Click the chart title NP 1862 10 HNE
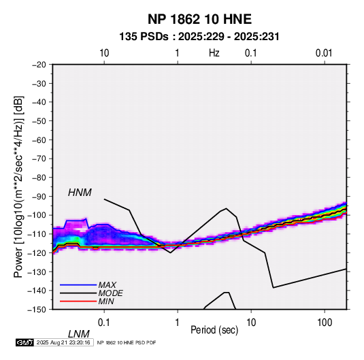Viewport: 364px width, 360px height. coord(199,19)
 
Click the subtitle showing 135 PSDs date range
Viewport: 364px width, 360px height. coord(199,37)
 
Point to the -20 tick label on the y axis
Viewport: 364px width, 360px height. coord(39,65)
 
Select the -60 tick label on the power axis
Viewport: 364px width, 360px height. coord(39,140)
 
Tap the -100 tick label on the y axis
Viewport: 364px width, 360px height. coord(37,215)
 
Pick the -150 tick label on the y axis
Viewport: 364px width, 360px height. coord(37,310)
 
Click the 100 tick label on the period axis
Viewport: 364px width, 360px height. coord(325,323)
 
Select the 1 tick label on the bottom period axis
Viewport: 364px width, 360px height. coord(178,323)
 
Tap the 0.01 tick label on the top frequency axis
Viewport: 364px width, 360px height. coord(324,53)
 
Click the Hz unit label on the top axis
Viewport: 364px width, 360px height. coord(214,53)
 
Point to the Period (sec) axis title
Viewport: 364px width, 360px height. coord(214,330)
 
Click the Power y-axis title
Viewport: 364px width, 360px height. coord(18,187)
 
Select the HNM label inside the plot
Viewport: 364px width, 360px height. coord(80,193)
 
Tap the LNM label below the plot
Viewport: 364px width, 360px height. coord(78,334)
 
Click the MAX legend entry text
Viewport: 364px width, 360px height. coord(107,285)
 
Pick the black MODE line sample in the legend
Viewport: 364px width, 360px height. coord(78,293)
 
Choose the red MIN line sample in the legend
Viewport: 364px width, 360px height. coord(78,301)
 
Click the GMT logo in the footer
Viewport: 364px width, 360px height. coord(24,342)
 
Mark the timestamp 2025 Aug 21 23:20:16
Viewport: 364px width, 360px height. coord(63,342)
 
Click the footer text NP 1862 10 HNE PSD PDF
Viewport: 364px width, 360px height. coord(127,342)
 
